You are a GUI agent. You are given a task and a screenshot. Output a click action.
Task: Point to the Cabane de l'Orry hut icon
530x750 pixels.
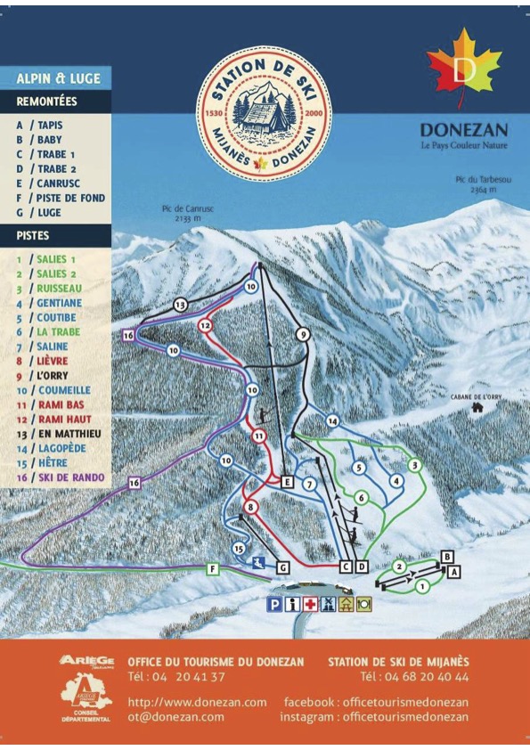coord(477,407)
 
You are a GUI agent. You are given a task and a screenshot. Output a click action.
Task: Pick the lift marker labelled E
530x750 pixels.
coord(287,482)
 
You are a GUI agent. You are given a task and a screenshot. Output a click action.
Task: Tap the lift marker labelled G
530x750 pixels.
coord(282,567)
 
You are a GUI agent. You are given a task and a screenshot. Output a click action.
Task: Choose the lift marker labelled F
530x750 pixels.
coord(213,568)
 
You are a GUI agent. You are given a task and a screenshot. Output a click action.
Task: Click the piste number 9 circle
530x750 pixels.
coord(303,335)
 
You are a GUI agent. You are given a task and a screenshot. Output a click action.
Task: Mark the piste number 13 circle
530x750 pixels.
coord(180,305)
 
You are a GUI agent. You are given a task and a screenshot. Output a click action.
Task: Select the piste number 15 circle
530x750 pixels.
coord(238,549)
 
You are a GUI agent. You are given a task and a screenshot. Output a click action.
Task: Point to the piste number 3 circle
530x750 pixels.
coord(413,465)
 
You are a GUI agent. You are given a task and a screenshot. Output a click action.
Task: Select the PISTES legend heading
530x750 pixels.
coord(33,236)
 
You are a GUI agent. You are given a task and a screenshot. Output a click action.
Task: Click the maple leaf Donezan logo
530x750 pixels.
coord(463,67)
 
